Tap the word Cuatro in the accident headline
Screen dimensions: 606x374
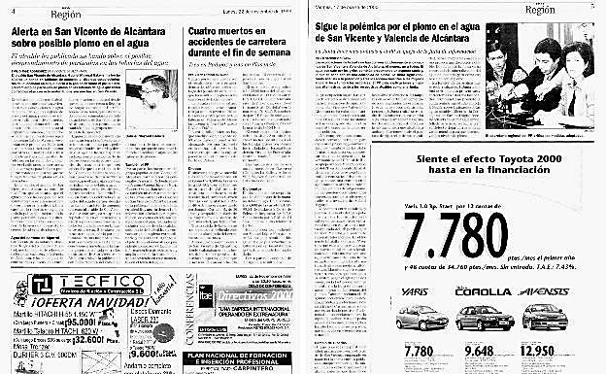[x=205, y=32]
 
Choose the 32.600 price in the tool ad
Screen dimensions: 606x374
[x=78, y=343]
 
